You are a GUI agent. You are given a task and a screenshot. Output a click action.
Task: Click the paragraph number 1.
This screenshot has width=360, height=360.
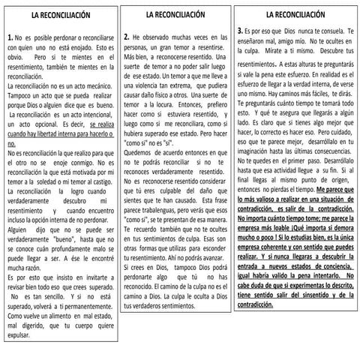[x=9, y=36]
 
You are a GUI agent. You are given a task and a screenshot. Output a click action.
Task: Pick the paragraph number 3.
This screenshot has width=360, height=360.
[x=238, y=29]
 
